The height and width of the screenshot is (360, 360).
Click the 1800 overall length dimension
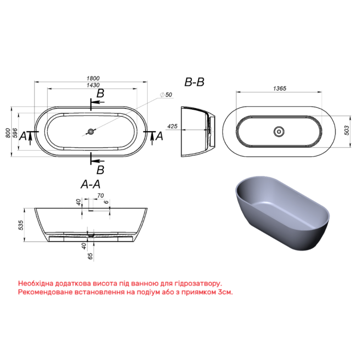(x=93, y=78)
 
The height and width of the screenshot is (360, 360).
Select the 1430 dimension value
(x=93, y=85)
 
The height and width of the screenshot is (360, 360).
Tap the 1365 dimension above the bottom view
(x=280, y=88)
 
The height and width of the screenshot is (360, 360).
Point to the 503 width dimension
(x=347, y=131)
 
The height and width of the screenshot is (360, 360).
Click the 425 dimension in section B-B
(x=172, y=127)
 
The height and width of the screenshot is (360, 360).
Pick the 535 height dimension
(x=21, y=225)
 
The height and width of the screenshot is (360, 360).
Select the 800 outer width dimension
(x=8, y=133)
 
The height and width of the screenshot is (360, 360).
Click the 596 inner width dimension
(x=15, y=133)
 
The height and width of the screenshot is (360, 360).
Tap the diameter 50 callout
(x=166, y=95)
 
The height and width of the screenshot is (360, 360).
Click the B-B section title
(x=194, y=82)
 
